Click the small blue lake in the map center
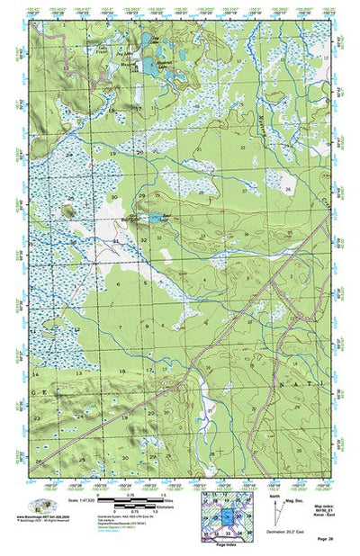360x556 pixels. point(157,218)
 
